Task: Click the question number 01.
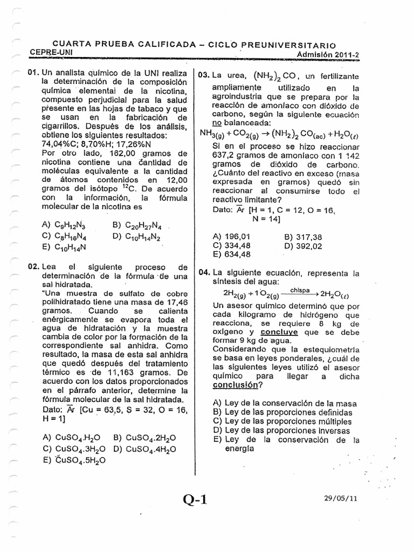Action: tap(33, 73)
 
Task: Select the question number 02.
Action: tap(33, 267)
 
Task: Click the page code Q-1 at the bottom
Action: tap(195, 500)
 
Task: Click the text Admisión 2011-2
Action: tap(328, 54)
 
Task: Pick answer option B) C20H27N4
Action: tap(137, 225)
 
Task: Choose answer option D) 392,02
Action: tap(302, 246)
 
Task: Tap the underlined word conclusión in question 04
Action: tap(235, 385)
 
